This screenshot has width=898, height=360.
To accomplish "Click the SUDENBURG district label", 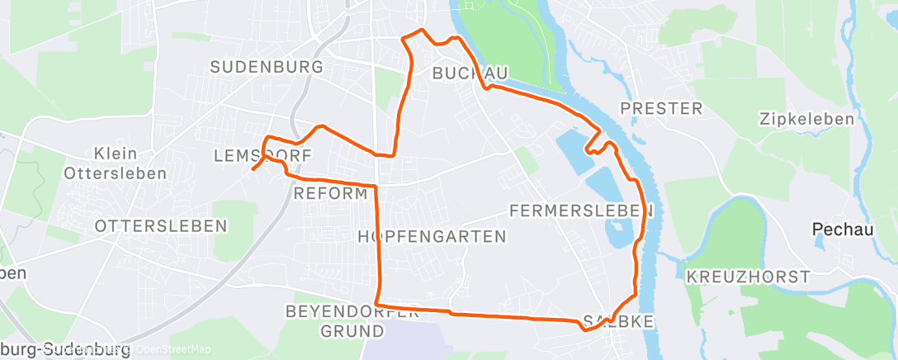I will click(x=262, y=68).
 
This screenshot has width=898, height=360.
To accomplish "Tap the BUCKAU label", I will click(x=470, y=73).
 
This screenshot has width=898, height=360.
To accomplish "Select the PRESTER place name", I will click(x=661, y=109).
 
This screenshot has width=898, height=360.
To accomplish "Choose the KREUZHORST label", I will click(x=748, y=277).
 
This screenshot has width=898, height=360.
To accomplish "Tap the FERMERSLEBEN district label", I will click(x=582, y=211).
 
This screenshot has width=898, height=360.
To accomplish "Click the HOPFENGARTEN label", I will click(x=432, y=237).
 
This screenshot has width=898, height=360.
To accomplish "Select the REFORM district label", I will click(x=330, y=194).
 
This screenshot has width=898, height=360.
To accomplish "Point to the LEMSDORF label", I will click(x=262, y=155).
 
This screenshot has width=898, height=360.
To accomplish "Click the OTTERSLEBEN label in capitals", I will click(x=161, y=225).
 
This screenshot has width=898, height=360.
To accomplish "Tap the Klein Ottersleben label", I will click(x=116, y=163).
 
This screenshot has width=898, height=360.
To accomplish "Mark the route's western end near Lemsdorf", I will click(x=252, y=170).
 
